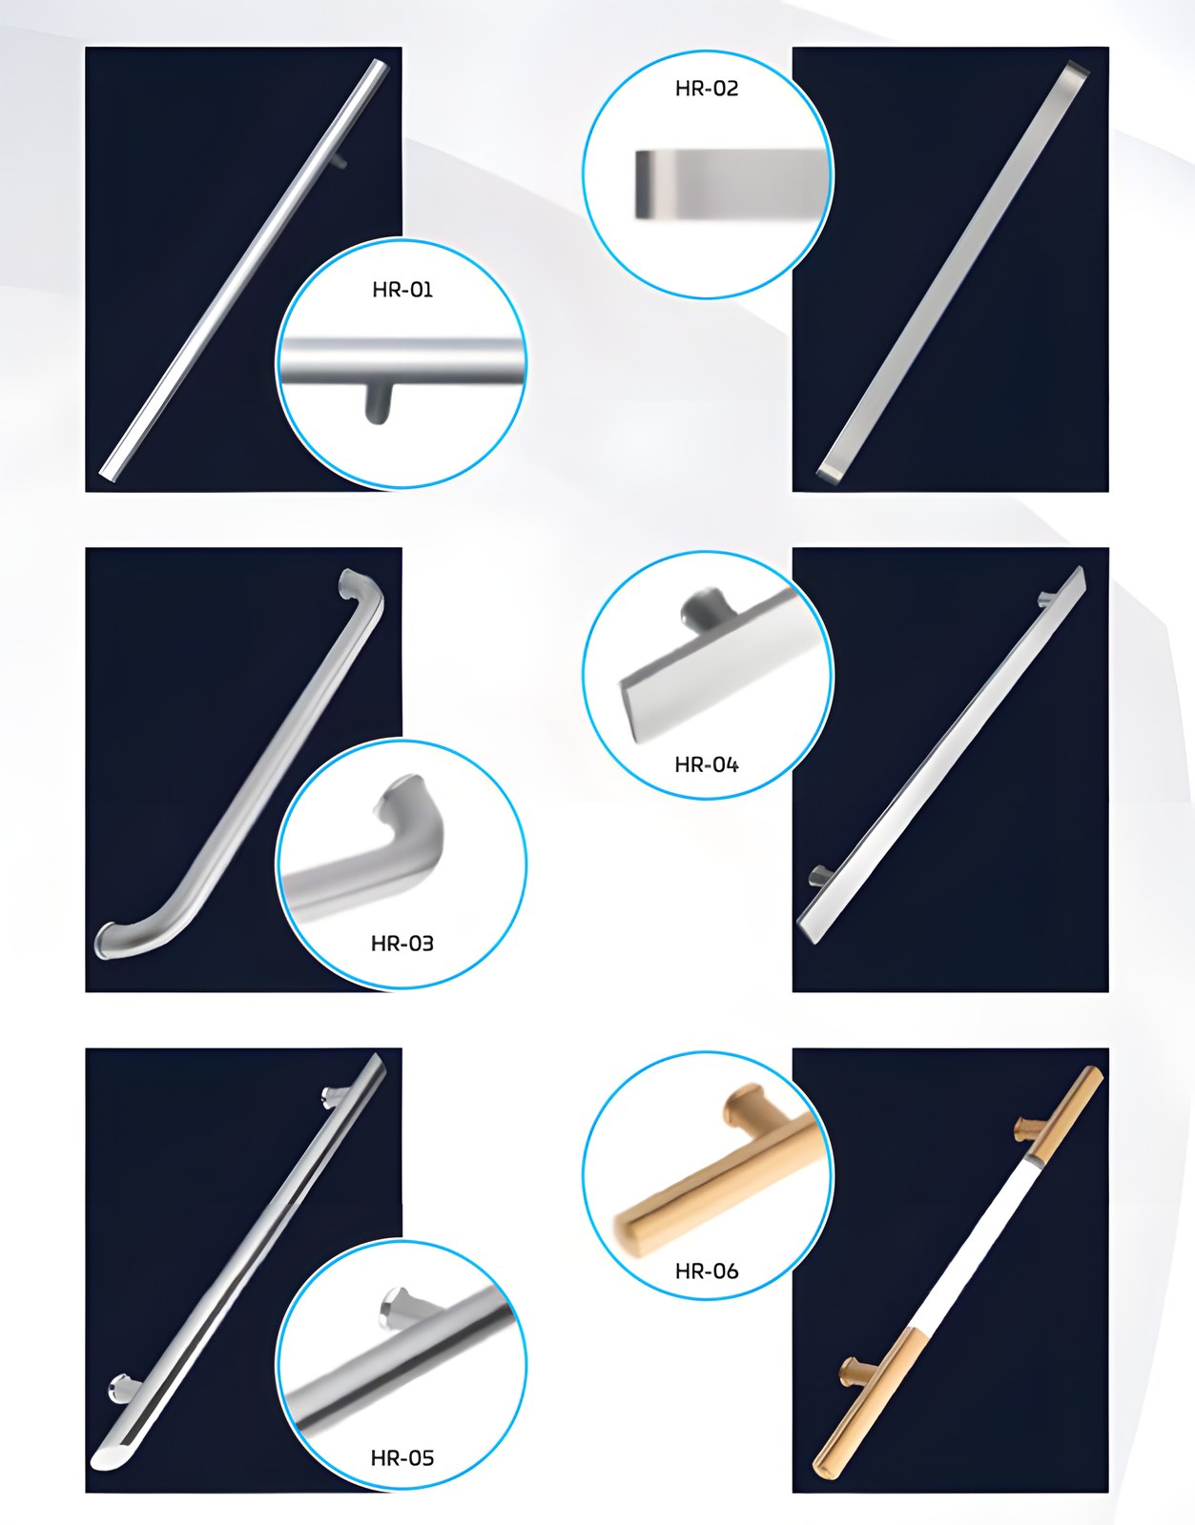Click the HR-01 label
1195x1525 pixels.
click(x=402, y=290)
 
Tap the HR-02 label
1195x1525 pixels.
click(x=707, y=89)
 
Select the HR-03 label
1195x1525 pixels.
click(x=402, y=944)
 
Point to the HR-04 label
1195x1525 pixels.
click(x=707, y=764)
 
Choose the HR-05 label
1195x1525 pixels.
click(x=402, y=1457)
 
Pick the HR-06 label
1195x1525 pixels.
click(x=707, y=1271)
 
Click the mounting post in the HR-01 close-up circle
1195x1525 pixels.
click(x=379, y=403)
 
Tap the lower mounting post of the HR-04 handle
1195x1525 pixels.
click(x=820, y=874)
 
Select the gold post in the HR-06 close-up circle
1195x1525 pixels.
click(x=744, y=1111)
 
